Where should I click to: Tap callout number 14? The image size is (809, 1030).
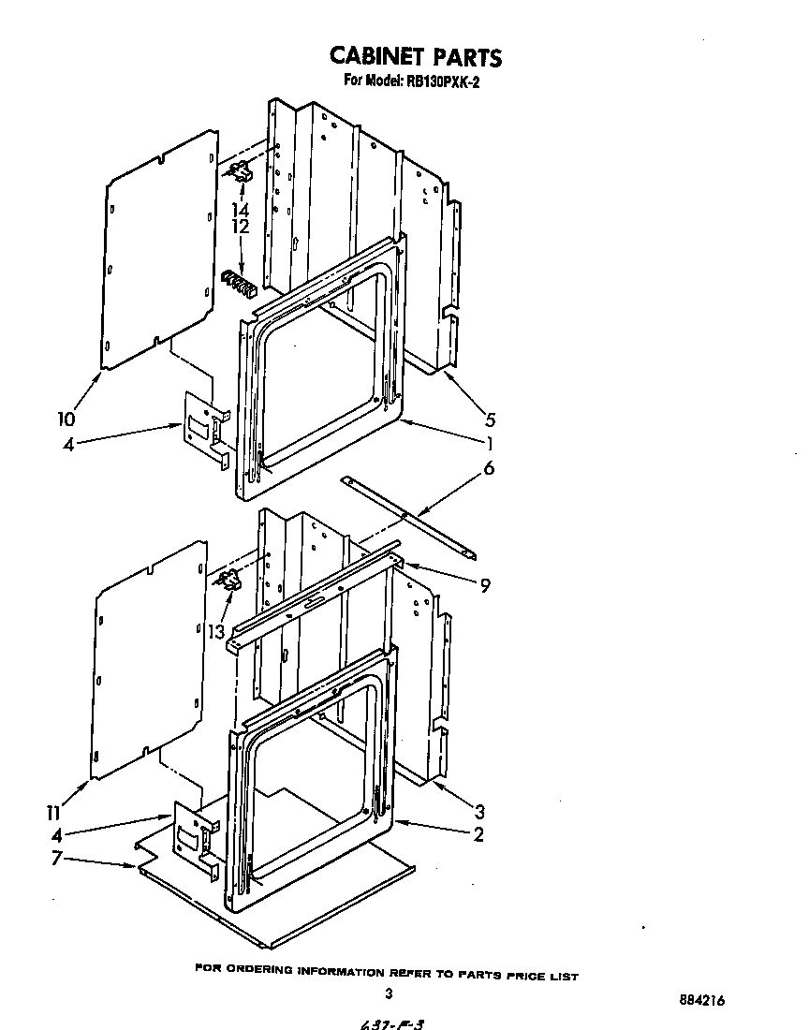(241, 210)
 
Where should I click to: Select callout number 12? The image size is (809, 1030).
(241, 227)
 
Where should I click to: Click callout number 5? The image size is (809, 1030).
(490, 420)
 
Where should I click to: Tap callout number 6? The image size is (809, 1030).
(488, 468)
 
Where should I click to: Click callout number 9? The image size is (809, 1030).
(484, 586)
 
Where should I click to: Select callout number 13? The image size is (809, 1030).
(217, 632)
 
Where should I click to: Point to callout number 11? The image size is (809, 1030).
(57, 811)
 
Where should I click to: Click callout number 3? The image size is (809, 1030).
(479, 811)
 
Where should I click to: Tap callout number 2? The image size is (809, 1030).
(478, 835)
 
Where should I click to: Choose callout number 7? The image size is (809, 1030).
(57, 858)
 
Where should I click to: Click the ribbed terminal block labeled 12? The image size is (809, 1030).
(238, 282)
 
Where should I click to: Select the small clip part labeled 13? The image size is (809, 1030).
(228, 583)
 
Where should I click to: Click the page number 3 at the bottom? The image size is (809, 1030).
(387, 994)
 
